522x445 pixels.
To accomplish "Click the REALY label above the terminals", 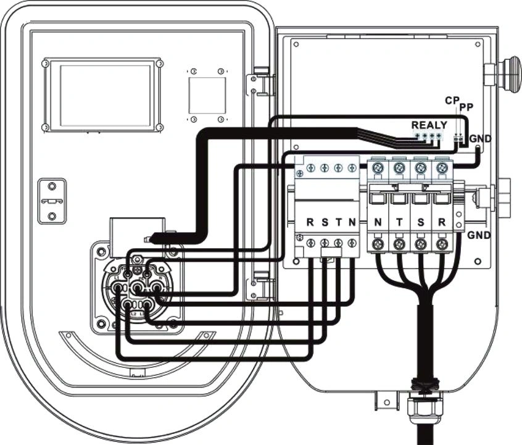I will tap(429, 125).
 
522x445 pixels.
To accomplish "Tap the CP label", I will tap(452, 100).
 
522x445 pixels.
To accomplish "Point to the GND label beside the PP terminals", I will tap(481, 139).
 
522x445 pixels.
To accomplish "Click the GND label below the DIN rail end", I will tap(479, 236).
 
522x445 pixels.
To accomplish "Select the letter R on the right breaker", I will tap(441, 221).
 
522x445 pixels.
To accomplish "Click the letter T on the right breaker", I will tap(400, 221).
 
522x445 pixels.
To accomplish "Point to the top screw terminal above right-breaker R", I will tap(441, 167).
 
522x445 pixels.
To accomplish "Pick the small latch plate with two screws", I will tap(52, 201).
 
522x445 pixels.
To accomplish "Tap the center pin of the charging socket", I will tap(138, 288).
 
